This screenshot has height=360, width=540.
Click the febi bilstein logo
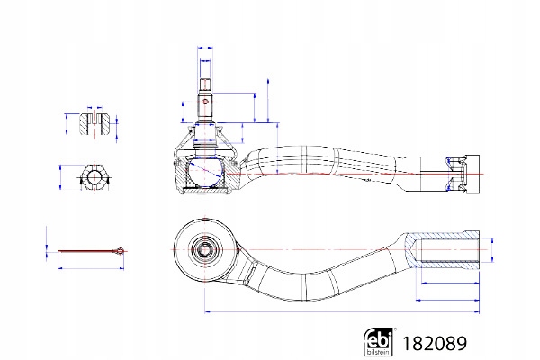[x=379, y=341]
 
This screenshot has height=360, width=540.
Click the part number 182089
[x=435, y=343]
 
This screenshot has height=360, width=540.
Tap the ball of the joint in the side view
[x=205, y=171]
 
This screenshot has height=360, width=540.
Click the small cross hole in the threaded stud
[x=205, y=102]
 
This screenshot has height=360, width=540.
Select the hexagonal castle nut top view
[x=94, y=177]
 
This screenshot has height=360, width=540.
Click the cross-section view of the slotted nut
[x=95, y=123]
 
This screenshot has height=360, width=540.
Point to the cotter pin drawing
[x=91, y=251]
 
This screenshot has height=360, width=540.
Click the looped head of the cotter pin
[x=120, y=251]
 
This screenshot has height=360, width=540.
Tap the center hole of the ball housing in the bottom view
[x=203, y=248]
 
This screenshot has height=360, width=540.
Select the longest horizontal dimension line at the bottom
[x=342, y=312]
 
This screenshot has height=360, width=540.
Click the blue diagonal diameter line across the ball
[x=205, y=171]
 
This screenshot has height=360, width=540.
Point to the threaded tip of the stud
[x=205, y=84]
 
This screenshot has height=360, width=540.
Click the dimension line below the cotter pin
[x=91, y=267]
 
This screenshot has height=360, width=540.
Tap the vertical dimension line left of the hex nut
[x=60, y=177]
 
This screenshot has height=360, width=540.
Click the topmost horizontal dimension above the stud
[x=205, y=49]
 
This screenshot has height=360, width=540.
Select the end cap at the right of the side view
[x=472, y=174]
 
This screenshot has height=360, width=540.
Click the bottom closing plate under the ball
[x=205, y=190]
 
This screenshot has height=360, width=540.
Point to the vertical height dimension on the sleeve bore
[x=491, y=250]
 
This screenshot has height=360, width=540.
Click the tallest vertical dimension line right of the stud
[x=268, y=101]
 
